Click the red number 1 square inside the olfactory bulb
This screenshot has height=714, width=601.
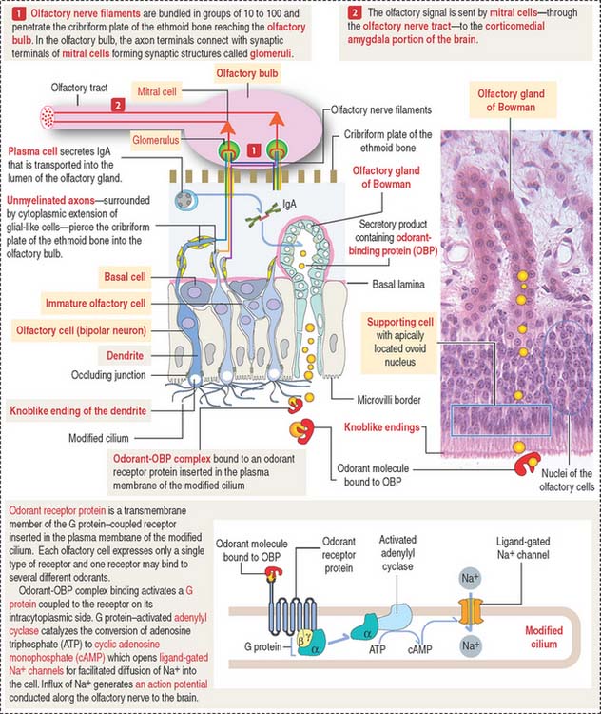(254, 150)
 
